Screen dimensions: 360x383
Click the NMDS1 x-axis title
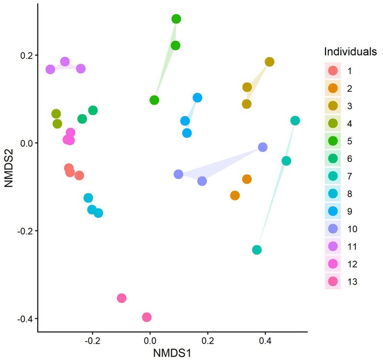(x=173, y=353)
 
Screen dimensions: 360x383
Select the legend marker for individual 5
(x=333, y=141)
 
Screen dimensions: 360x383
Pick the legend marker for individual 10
(x=333, y=229)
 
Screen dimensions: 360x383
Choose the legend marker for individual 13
(x=333, y=281)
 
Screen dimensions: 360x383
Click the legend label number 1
(x=350, y=71)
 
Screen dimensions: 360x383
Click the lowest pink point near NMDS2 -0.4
(x=147, y=317)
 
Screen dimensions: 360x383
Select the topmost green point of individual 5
(x=176, y=19)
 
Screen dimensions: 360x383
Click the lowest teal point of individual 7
(x=257, y=250)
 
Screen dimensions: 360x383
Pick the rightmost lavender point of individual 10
(x=263, y=147)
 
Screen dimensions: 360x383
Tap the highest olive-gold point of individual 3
(x=270, y=62)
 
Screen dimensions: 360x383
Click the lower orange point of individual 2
(x=235, y=196)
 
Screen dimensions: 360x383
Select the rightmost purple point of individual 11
(x=81, y=69)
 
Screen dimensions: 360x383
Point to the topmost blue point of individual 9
(x=197, y=98)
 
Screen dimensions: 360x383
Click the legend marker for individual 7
(x=333, y=176)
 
